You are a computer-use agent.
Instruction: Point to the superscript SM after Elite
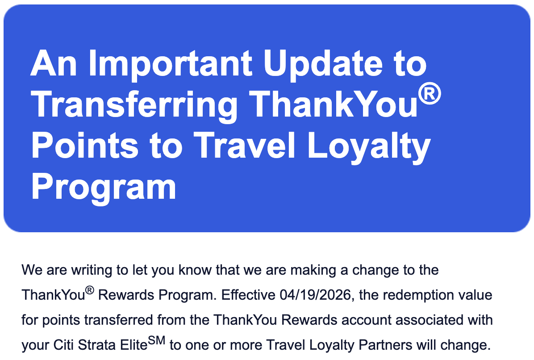tap(156, 341)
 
